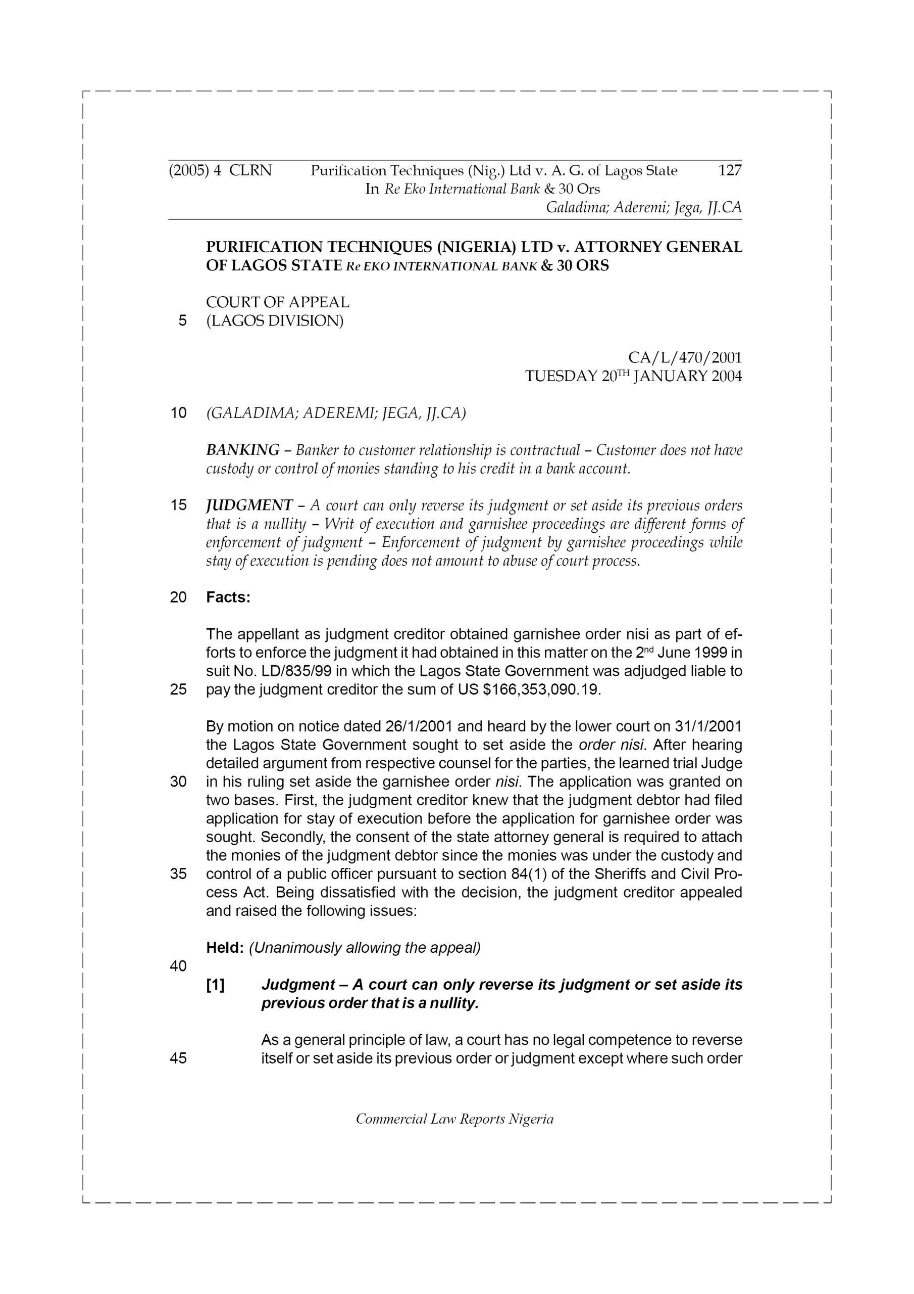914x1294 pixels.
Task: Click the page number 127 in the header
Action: (x=730, y=170)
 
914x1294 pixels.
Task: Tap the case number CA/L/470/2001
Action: (x=685, y=357)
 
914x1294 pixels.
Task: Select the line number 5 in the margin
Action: (x=182, y=320)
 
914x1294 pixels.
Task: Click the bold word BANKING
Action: (x=242, y=450)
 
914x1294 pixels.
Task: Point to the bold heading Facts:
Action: (x=228, y=597)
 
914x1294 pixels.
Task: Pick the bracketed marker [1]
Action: (x=215, y=985)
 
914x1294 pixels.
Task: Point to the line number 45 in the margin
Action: (x=178, y=1058)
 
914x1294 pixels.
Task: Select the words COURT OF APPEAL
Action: (x=278, y=302)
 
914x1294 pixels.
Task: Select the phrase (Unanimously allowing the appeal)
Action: (x=365, y=948)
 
